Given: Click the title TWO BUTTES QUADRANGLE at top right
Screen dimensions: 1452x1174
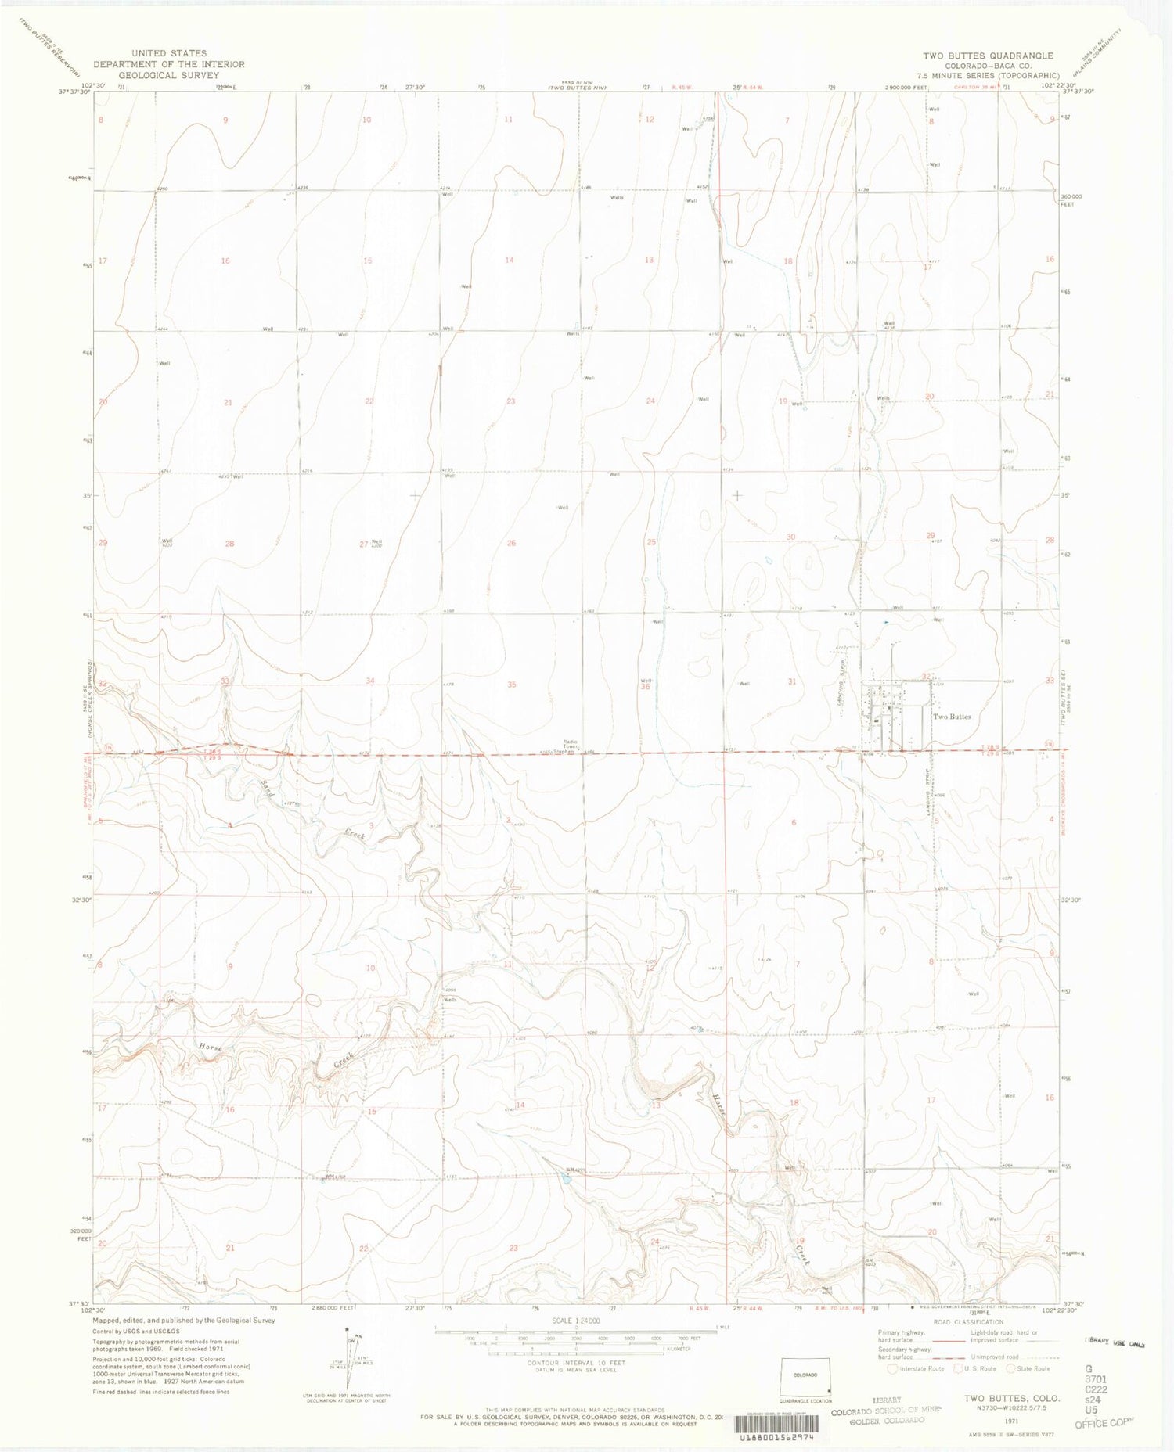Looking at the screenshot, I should (x=988, y=56).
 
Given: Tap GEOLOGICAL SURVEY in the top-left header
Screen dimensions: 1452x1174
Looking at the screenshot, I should (x=168, y=76).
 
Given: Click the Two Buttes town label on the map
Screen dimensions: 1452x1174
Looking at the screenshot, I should (x=952, y=717).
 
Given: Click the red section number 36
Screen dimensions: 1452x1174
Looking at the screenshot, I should (x=646, y=687).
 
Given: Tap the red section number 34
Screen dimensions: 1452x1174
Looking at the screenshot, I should (x=370, y=681).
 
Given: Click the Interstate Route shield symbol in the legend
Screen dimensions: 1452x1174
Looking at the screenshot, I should (x=892, y=1368).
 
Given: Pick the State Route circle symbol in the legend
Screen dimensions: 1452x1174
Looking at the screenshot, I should (x=1011, y=1368).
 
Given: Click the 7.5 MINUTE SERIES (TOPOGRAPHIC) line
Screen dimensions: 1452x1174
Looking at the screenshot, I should (x=988, y=76).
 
